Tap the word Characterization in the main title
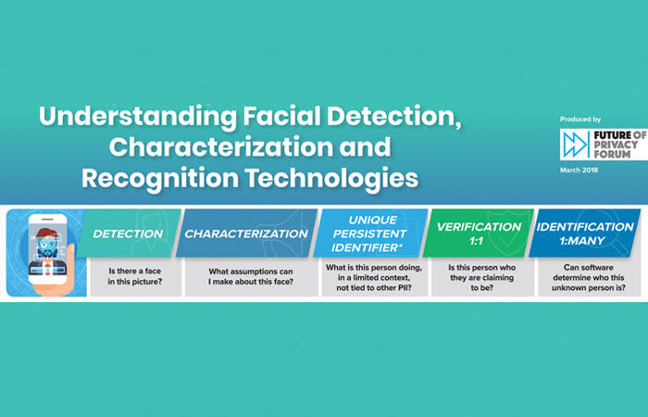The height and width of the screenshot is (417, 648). (220, 146)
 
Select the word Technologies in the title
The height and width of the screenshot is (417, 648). (331, 178)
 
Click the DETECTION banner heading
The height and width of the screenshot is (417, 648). (128, 234)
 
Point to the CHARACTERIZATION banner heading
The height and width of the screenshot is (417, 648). (246, 234)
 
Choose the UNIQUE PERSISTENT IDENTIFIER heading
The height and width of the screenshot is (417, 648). (369, 234)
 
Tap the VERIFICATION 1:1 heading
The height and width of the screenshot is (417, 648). (479, 234)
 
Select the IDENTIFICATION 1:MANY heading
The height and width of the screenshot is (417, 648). (585, 234)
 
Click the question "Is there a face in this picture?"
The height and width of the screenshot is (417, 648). (135, 276)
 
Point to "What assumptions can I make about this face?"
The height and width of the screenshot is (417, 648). (251, 276)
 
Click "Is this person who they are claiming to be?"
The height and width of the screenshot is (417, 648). (482, 278)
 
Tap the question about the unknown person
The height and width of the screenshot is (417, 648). (589, 278)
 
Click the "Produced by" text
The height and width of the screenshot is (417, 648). (580, 120)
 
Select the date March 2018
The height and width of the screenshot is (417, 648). (579, 170)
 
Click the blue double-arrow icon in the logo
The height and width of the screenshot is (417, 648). (576, 145)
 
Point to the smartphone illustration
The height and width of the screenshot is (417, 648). (47, 249)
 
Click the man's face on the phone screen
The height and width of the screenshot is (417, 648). (46, 244)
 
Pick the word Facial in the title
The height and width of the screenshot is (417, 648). (281, 117)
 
